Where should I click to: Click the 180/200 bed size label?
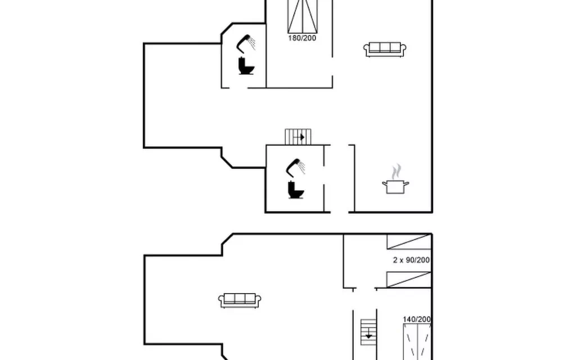(302, 38)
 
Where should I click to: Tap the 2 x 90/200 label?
(411, 260)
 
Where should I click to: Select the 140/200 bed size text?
(417, 319)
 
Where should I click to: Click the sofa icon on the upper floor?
(385, 49)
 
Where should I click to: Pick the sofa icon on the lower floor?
(240, 300)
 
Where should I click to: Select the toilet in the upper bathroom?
(246, 66)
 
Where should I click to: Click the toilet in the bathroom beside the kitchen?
(296, 190)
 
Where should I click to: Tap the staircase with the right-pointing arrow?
(298, 137)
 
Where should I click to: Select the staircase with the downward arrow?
(368, 332)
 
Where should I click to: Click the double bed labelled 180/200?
(302, 16)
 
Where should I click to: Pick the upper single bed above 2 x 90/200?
(409, 242)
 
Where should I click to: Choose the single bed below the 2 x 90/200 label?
(409, 280)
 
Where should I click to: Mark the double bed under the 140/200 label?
(417, 342)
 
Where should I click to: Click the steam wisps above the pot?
(396, 172)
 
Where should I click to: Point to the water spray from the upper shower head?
(251, 43)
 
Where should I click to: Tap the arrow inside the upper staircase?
(299, 137)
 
